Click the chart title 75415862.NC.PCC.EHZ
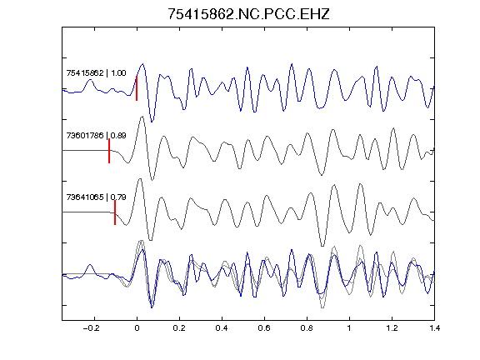248,14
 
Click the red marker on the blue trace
137,88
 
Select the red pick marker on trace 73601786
109,151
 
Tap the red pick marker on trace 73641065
115,212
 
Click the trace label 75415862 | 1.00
96,72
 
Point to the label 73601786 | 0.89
96,135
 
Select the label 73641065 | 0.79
96,197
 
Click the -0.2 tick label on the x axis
92,328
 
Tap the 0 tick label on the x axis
137,328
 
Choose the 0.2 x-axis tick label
179,328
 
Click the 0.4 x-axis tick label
222,328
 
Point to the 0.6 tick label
264,328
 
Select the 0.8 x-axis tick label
307,328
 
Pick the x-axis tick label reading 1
349,328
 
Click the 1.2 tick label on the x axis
392,328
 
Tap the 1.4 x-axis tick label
434,328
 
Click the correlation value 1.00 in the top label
118,72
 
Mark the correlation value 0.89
118,135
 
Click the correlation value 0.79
118,197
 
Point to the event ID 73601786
85,135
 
